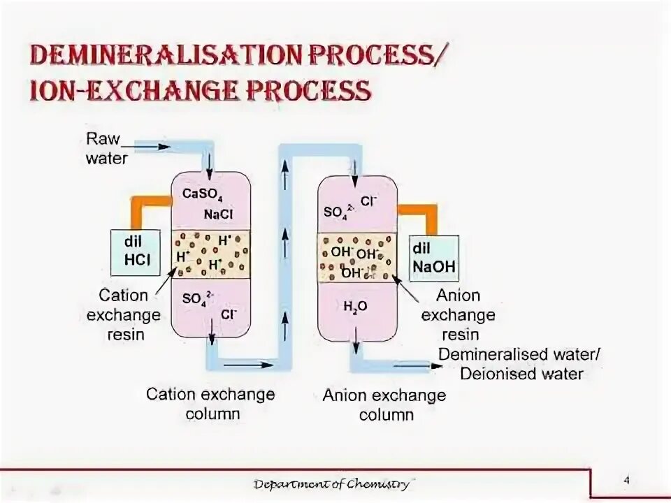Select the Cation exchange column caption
(210, 404)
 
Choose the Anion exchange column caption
(384, 405)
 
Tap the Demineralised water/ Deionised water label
(519, 364)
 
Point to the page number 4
(626, 480)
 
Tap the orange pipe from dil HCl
(144, 203)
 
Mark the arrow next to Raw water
(153, 147)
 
